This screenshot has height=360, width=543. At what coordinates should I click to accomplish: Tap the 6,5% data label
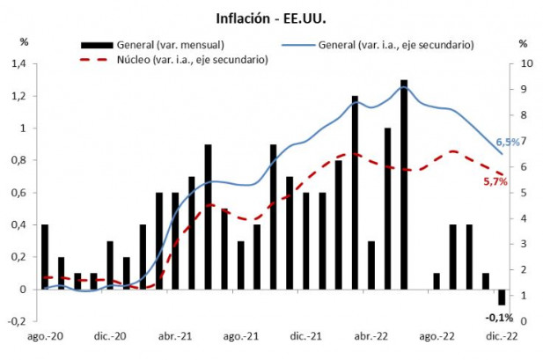point(508,142)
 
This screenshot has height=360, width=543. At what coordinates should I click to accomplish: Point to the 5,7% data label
point(495,181)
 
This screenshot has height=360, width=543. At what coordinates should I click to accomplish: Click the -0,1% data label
point(501,317)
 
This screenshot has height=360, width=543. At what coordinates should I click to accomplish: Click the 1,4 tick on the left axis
point(19,64)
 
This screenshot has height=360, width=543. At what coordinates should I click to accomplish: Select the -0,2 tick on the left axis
point(18,321)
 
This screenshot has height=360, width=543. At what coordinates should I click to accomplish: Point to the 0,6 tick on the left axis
point(19,193)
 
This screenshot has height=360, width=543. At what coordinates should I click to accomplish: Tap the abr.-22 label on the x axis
point(371,336)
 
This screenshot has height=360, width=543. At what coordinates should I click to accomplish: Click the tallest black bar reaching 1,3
point(403,185)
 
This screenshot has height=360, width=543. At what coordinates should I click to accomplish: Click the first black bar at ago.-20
point(45,256)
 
